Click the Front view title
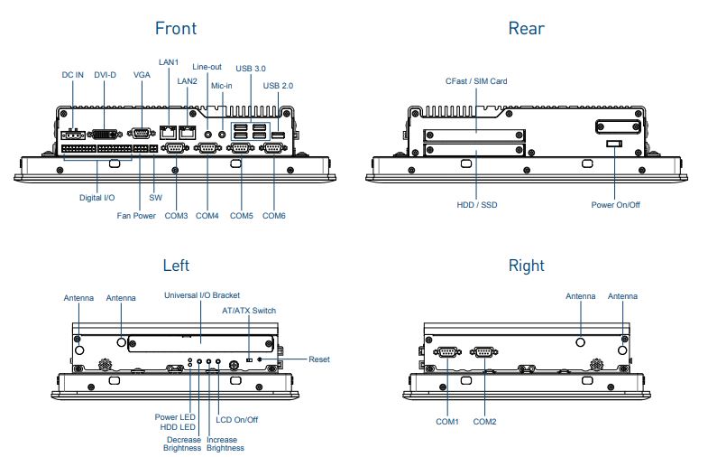[x=175, y=28]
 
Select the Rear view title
[x=526, y=28]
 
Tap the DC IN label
[x=72, y=75]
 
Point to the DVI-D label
[x=105, y=75]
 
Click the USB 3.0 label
[x=251, y=68]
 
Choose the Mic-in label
[x=222, y=86]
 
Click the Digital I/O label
[x=97, y=196]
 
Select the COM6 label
[x=274, y=216]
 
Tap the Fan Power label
[x=136, y=216]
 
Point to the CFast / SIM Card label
[x=476, y=81]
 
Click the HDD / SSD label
[x=476, y=205]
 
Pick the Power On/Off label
[x=615, y=205]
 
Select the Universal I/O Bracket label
[x=201, y=295]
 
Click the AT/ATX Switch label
[x=249, y=311]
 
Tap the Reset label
[x=319, y=359]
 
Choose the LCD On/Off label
[x=237, y=419]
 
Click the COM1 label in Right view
[x=447, y=422]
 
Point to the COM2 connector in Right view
[x=484, y=353]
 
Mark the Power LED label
[x=175, y=416]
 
